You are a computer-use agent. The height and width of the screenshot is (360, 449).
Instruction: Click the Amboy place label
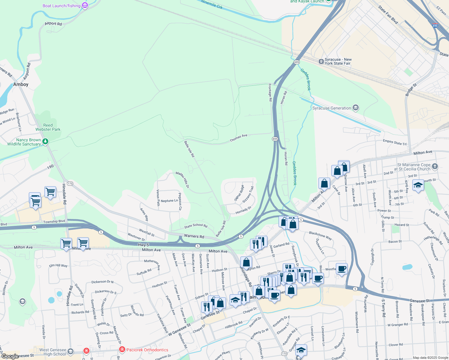point(21,85)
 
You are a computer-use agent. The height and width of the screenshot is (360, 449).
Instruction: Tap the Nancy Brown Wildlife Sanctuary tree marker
point(45,141)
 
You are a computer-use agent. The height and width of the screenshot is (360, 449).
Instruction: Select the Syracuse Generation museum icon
point(356,108)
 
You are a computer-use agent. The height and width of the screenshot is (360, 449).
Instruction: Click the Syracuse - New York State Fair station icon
point(321,61)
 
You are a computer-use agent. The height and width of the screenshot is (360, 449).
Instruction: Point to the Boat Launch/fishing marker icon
point(85,5)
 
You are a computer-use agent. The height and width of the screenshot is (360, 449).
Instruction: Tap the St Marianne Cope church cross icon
point(435,166)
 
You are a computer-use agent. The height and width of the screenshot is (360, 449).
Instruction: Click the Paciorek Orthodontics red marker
point(122,349)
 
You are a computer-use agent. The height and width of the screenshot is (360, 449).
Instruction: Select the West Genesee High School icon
point(70,351)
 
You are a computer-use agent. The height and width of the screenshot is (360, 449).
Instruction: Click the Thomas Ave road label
point(239,138)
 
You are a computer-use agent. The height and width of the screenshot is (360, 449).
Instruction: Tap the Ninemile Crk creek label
point(212,4)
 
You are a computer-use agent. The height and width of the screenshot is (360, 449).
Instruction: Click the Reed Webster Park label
point(48,127)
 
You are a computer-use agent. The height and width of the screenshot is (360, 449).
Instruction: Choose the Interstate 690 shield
point(435,26)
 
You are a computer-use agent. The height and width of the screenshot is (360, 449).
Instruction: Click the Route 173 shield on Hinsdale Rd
point(70,184)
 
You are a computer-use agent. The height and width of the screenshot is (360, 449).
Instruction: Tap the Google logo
point(10,356)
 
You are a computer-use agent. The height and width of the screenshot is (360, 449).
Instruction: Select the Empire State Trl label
point(395,142)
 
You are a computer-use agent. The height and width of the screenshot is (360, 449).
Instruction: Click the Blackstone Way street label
point(320,235)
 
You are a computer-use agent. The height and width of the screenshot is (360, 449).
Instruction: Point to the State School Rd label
point(196,226)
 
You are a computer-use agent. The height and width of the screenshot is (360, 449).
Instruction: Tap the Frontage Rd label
point(270,92)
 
